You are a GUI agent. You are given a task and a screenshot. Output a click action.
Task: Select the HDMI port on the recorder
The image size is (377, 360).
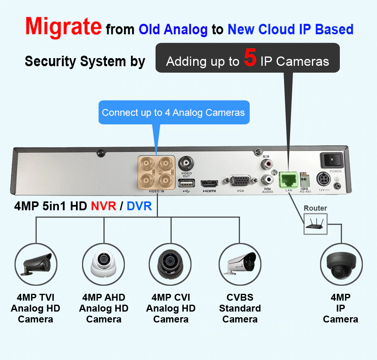coord(209,183)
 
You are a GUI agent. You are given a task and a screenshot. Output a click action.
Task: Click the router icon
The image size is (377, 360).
coord(316,224)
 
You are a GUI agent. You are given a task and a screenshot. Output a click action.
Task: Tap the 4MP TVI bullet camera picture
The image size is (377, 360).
coord(36,264)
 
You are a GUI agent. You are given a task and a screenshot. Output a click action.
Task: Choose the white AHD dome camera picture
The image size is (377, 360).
coord(103,264)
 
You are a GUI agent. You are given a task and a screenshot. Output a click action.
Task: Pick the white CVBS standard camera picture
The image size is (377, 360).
coord(240,264)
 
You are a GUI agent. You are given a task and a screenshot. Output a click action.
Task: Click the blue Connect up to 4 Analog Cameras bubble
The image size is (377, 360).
coord(174,113)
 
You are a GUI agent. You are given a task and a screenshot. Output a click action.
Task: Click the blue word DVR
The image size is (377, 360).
coord(139,206)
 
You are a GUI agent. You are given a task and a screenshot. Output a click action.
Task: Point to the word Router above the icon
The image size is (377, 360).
coord(315,208)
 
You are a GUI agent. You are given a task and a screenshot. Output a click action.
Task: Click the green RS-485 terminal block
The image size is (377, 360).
coord(305,181)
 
